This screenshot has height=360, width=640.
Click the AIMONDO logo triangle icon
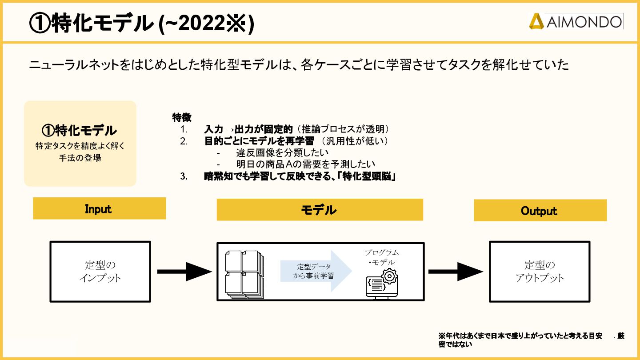pyautogui.click(x=536, y=21)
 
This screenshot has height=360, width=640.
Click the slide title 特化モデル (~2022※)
pyautogui.click(x=141, y=23)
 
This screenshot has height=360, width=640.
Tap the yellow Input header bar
pyautogui.click(x=99, y=208)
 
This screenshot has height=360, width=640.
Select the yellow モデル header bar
pyautogui.click(x=320, y=210)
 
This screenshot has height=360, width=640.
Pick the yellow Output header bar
pyautogui.click(x=540, y=211)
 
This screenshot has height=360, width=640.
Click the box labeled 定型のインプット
pyautogui.click(x=100, y=271)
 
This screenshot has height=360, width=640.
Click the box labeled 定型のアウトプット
pyautogui.click(x=540, y=272)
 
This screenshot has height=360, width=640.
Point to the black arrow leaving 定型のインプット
pyautogui.click(x=184, y=271)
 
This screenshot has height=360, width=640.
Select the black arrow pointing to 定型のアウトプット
pyautogui.click(x=455, y=271)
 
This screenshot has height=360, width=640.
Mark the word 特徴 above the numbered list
pyautogui.click(x=181, y=118)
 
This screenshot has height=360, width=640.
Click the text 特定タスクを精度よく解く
pyautogui.click(x=80, y=146)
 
